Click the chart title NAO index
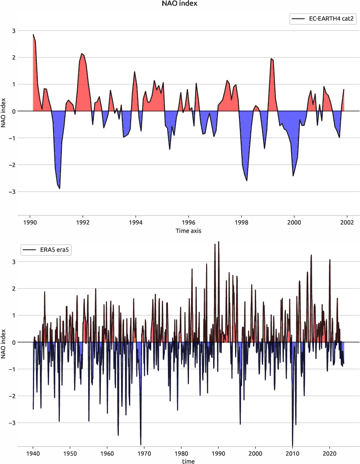pyautogui.click(x=180, y=4)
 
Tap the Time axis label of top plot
pyautogui.click(x=188, y=231)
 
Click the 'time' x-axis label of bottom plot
pyautogui.click(x=188, y=461)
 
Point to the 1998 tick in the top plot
pyautogui.click(x=241, y=222)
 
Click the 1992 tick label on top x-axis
pyautogui.click(x=83, y=222)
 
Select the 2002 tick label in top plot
pyautogui.click(x=347, y=222)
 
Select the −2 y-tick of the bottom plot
pyautogui.click(x=13, y=396)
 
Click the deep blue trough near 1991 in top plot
pyautogui.click(x=59, y=188)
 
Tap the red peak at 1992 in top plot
pyautogui.click(x=82, y=54)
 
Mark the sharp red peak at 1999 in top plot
pyautogui.click(x=271, y=59)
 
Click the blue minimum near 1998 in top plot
pyautogui.click(x=247, y=180)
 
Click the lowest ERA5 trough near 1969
pyautogui.click(x=141, y=444)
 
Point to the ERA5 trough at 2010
pyautogui.click(x=292, y=444)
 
